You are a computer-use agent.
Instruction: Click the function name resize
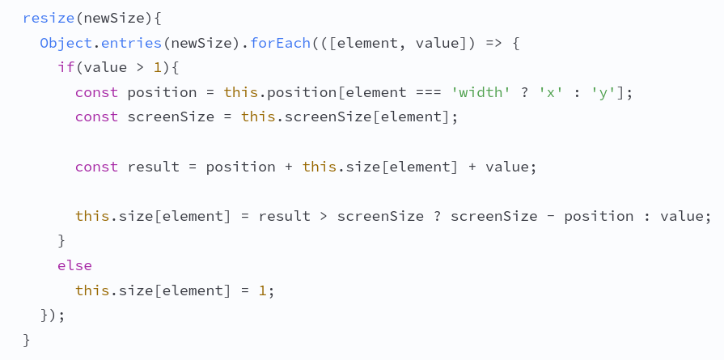point(49,19)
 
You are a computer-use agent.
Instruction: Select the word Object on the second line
point(66,44)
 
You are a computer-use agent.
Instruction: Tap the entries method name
point(131,44)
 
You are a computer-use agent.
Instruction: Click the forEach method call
point(280,44)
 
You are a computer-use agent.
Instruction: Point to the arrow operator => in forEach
point(493,44)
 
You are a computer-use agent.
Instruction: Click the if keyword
point(66,68)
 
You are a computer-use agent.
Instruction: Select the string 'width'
point(481,93)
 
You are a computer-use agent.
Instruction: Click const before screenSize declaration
point(96,117)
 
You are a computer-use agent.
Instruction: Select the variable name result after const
point(154,167)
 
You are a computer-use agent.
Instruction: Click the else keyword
point(74,266)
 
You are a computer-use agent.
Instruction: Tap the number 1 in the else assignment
point(262,290)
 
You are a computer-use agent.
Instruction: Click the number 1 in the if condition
point(158,68)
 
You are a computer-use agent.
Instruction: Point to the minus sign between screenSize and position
point(550,217)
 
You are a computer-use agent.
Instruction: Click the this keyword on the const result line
point(320,167)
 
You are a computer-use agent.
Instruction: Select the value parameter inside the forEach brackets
point(437,44)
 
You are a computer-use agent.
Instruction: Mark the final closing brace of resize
point(27,341)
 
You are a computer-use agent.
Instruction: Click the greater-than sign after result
point(324,217)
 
